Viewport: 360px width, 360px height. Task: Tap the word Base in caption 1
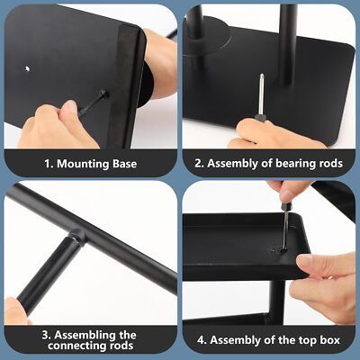click(x=125, y=164)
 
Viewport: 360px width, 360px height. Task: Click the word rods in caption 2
click(x=331, y=164)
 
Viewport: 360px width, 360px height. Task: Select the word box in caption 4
click(x=330, y=340)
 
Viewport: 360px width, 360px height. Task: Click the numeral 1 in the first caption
click(x=48, y=164)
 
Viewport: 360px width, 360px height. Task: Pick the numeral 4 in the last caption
click(x=201, y=340)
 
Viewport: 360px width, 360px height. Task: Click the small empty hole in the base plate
click(x=27, y=68)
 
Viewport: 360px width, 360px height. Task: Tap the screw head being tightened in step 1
click(x=103, y=94)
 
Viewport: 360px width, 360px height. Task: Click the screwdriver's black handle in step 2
click(x=259, y=118)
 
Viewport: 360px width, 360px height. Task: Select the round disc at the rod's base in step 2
click(x=207, y=36)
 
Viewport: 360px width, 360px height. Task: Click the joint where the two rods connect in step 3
click(x=76, y=236)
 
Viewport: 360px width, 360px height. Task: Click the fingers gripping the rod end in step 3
click(x=15, y=311)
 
